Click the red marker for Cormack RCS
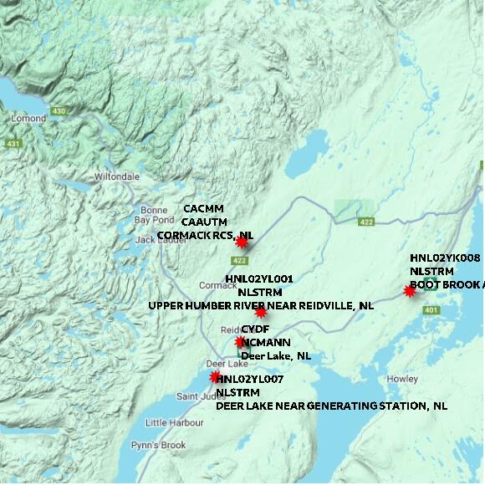pyautogui.click(x=242, y=242)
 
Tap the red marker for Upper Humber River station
pyautogui.click(x=261, y=312)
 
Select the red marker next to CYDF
pyautogui.click(x=241, y=341)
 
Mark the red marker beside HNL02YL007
pyautogui.click(x=216, y=377)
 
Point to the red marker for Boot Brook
pyautogui.click(x=410, y=291)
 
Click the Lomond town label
pyautogui.click(x=28, y=119)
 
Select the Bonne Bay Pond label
pyautogui.click(x=154, y=214)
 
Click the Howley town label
pyautogui.click(x=402, y=379)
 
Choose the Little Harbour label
pyautogui.click(x=174, y=422)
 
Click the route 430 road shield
pyautogui.click(x=59, y=110)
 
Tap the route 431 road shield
pyautogui.click(x=13, y=144)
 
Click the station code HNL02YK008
pyautogui.click(x=445, y=258)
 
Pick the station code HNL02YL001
pyautogui.click(x=259, y=278)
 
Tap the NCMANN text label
pyautogui.click(x=266, y=342)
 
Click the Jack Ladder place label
pyautogui.click(x=157, y=239)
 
